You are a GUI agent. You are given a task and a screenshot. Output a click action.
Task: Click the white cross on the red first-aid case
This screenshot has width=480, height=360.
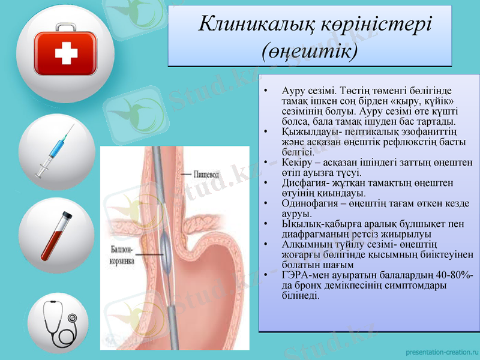[x=66, y=55]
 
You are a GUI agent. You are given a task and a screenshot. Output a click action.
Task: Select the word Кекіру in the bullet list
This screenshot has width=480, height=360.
[x=296, y=163]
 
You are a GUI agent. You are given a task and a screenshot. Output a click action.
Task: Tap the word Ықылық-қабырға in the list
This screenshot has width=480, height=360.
[x=317, y=224]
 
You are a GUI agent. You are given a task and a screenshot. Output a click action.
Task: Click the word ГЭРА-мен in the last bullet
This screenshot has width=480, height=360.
[x=304, y=275]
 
